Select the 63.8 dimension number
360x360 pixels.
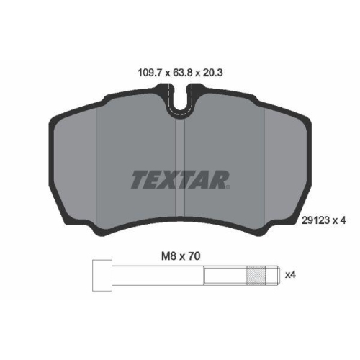pos(180,72)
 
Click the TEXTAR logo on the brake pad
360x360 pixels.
pos(180,179)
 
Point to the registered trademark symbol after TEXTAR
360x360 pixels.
pos(228,187)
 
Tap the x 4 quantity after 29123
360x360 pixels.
pos(341,222)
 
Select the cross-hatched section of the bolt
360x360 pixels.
pos(256,276)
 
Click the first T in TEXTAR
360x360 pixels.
pos(138,179)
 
